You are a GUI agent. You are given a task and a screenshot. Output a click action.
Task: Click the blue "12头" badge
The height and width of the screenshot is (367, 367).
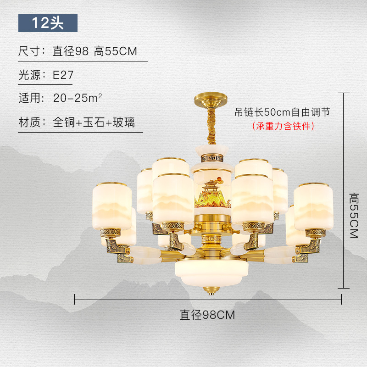tap(48, 23)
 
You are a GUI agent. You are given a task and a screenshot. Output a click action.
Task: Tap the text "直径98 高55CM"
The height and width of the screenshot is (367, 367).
tap(95, 51)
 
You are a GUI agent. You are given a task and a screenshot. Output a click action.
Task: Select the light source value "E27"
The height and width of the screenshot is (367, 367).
tap(63, 75)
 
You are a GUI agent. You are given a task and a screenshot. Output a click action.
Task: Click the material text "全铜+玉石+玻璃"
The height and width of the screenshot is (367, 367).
tap(94, 122)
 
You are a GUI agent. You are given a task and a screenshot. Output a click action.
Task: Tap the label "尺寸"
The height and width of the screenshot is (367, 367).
tap(29, 51)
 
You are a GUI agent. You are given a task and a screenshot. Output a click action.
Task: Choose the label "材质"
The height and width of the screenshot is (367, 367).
tap(29, 122)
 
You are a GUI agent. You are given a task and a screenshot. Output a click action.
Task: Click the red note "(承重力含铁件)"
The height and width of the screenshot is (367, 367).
tap(283, 126)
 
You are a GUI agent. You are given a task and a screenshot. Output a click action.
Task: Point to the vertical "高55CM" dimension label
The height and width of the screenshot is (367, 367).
tap(354, 215)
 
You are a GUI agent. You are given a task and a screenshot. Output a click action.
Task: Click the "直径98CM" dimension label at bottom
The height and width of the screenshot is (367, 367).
tap(207, 315)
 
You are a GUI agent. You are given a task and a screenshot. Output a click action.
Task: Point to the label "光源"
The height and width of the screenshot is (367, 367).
tap(29, 75)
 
